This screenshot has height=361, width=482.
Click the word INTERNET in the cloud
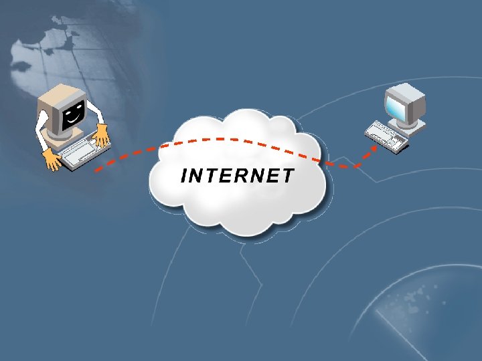238,176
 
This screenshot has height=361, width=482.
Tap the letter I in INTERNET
185,176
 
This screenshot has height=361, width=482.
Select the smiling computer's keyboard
79,151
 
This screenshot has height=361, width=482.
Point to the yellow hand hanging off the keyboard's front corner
52,158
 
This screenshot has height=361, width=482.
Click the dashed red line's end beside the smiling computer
98,170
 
